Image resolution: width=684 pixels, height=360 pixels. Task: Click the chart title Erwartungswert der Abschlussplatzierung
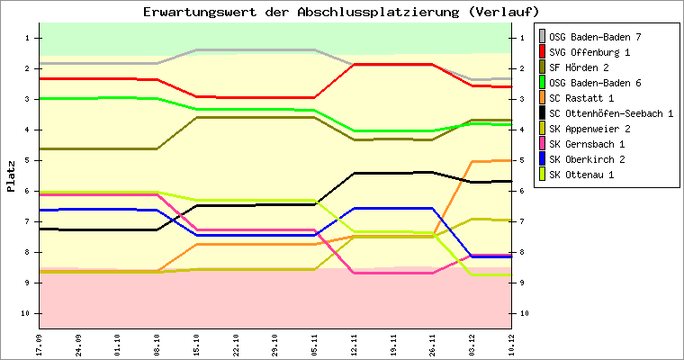coord(341,12)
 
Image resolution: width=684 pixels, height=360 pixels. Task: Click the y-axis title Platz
coord(11,176)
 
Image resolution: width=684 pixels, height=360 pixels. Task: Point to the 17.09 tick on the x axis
coord(39,345)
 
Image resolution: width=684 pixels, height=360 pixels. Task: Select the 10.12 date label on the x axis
coord(511,345)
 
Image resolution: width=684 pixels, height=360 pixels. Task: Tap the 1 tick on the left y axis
coord(28,38)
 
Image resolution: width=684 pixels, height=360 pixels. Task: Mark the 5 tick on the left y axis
coord(28,160)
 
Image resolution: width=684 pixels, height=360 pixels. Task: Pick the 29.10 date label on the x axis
coord(275,345)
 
